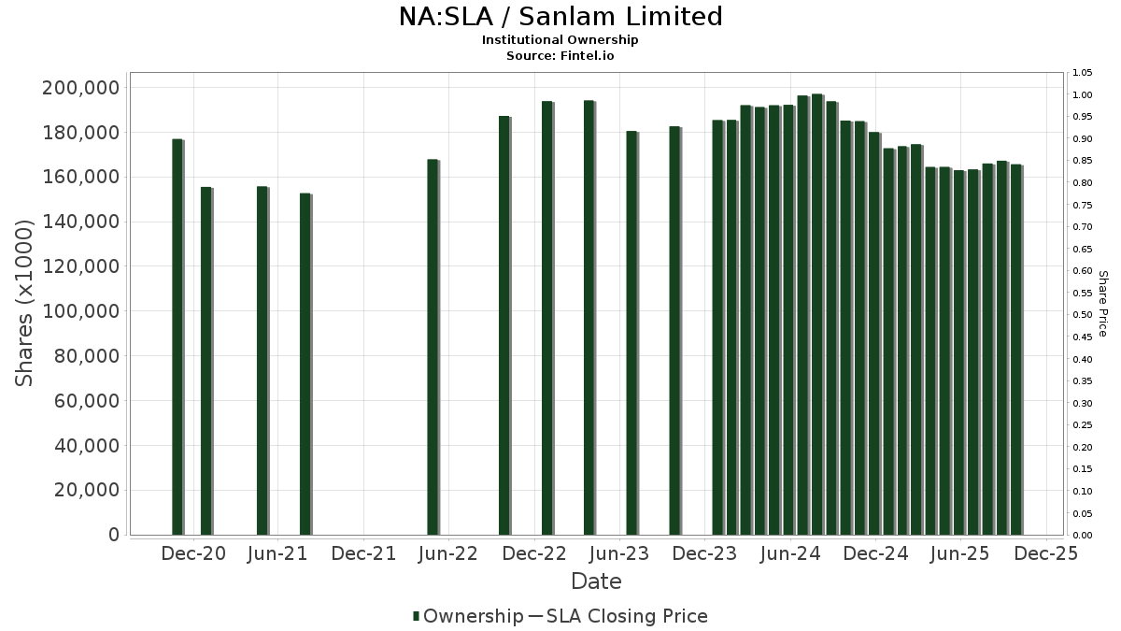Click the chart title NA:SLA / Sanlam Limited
coord(560,17)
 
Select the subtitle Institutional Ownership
coord(560,40)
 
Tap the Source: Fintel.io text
coord(560,55)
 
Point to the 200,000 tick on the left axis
coord(81,88)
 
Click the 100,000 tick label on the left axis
coord(81,311)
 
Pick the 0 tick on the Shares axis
coord(114,535)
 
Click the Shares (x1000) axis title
coord(25,303)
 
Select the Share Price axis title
coord(1102,303)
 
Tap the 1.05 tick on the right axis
coord(1083,73)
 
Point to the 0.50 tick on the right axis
coord(1083,315)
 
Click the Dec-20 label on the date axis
coord(193,553)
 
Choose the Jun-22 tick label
coord(449,553)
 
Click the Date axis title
coord(596,581)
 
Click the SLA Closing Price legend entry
coord(627,616)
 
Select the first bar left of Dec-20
coord(177,337)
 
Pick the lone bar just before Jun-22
coord(433,347)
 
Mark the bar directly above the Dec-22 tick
coord(547,318)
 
